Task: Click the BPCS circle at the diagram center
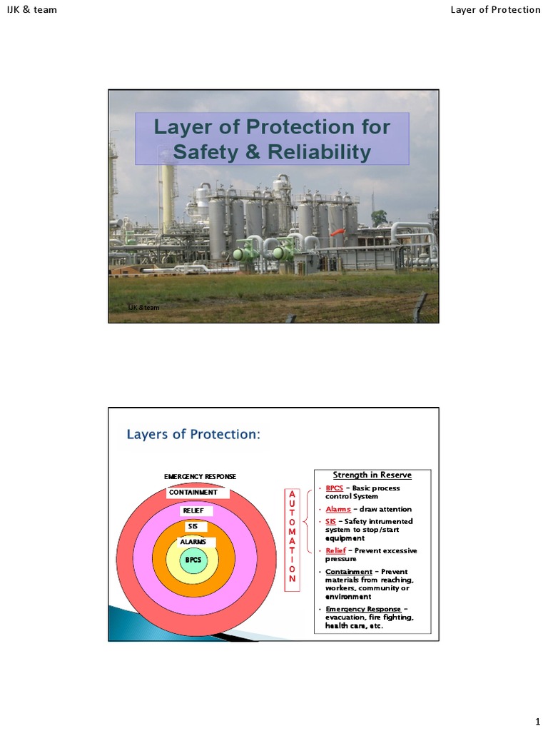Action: tap(193, 560)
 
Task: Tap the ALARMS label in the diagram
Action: tap(193, 542)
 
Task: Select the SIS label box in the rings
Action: tap(193, 526)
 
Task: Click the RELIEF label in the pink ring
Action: tap(193, 510)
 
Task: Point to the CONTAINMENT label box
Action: tap(193, 492)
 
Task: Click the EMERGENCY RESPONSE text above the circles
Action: tap(200, 476)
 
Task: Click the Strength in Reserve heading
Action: tap(372, 475)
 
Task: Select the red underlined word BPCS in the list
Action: tap(333, 488)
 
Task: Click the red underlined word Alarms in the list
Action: tap(338, 509)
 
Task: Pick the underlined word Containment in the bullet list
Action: tap(349, 571)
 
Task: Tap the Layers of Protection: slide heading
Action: tap(193, 434)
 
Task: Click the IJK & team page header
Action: tap(32, 9)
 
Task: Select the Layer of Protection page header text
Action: tap(495, 9)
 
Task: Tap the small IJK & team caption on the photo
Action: tap(144, 307)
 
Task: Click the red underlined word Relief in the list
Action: tap(335, 550)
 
